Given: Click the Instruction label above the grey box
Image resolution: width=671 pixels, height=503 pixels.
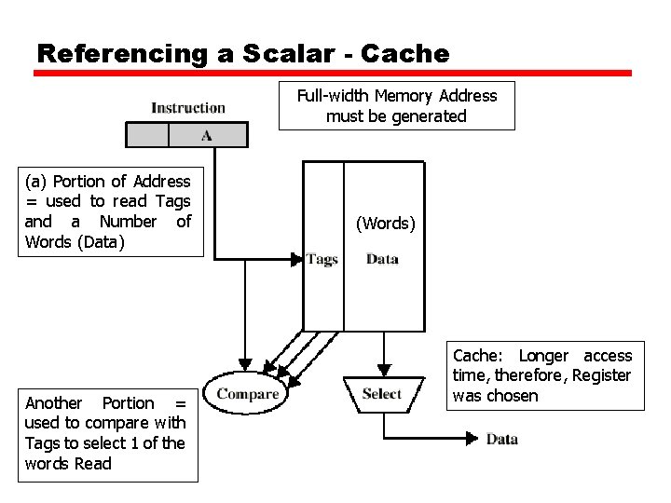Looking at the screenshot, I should click(x=188, y=108).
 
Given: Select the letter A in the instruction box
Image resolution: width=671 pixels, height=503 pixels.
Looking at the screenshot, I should click(x=207, y=136).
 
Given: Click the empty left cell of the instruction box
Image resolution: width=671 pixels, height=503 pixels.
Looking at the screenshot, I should click(x=146, y=136).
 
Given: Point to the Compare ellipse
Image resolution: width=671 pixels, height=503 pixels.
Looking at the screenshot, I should click(x=248, y=394).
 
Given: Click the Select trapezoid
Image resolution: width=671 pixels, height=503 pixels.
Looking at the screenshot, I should click(x=381, y=394).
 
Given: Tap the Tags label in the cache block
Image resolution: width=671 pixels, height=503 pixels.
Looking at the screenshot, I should click(x=322, y=259).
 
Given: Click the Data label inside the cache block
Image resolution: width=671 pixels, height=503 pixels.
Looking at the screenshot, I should click(x=382, y=259).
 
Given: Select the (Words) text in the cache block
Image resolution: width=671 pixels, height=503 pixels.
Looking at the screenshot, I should click(x=386, y=224).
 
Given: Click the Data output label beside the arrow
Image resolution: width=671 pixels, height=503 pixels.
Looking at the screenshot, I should click(x=501, y=439).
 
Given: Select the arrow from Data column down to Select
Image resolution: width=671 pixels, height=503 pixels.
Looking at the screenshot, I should click(x=382, y=352).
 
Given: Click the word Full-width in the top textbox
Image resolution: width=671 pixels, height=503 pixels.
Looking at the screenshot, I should click(x=333, y=96).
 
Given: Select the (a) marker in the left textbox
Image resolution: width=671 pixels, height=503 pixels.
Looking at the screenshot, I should click(x=36, y=182).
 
